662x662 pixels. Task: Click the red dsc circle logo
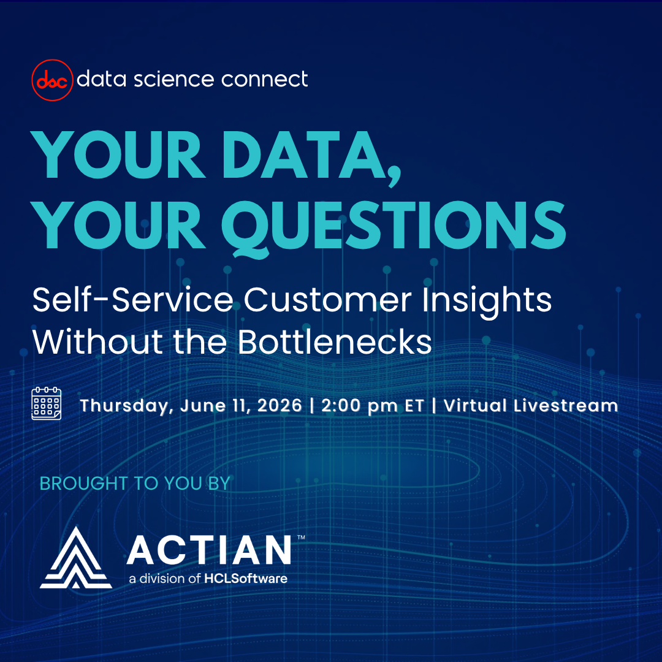click(x=52, y=80)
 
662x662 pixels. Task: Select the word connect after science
click(x=265, y=79)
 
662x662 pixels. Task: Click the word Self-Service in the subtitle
click(x=132, y=300)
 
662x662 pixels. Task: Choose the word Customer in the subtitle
click(x=327, y=300)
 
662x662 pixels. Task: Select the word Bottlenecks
click(x=335, y=341)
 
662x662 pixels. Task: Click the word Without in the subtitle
click(x=97, y=341)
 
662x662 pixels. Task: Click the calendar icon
click(x=47, y=403)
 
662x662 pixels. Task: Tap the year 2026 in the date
click(x=280, y=405)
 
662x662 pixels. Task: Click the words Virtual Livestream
click(x=531, y=405)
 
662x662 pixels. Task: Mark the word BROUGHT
click(x=83, y=484)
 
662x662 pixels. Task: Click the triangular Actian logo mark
click(x=76, y=557)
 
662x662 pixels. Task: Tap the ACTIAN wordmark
click(x=209, y=550)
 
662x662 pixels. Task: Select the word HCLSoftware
click(x=246, y=579)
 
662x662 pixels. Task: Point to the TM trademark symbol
click(x=301, y=538)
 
